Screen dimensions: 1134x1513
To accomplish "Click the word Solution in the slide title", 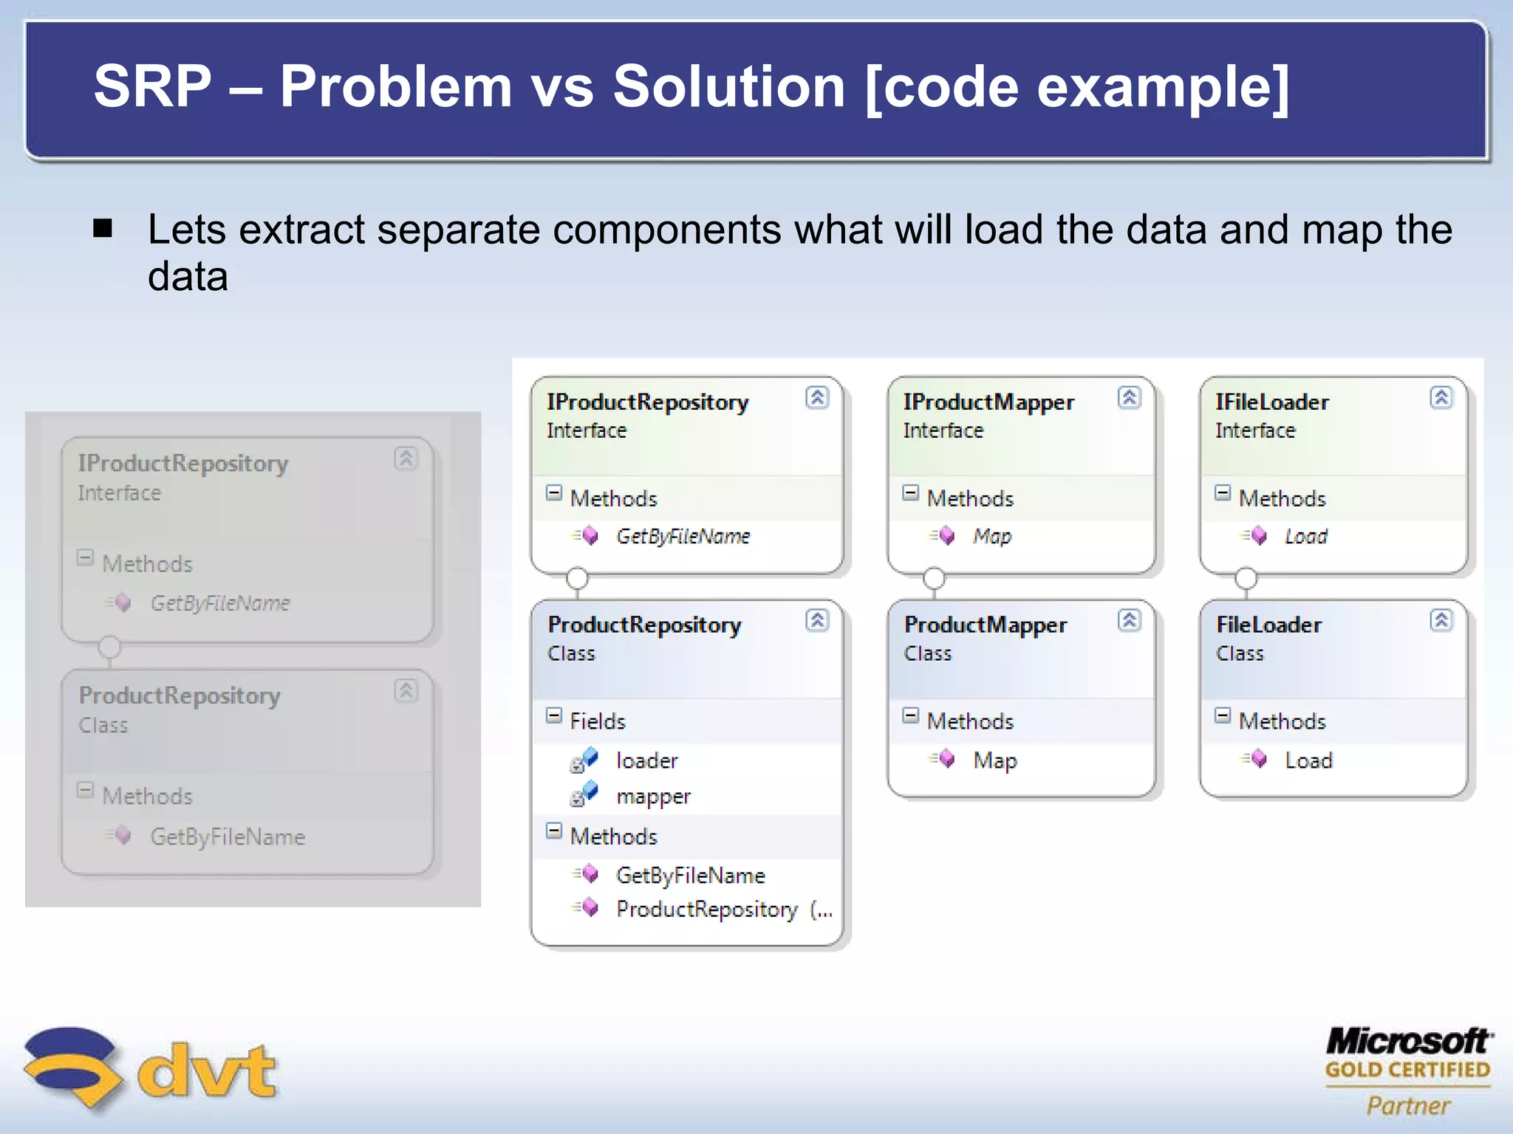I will pos(728,86).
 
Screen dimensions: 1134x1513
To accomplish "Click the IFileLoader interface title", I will pos(1271,402).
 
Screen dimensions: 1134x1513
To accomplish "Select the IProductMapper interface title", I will pos(988,402).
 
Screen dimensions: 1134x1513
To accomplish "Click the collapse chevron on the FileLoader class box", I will pos(1441,620).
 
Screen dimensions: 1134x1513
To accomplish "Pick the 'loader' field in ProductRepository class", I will pos(646,760).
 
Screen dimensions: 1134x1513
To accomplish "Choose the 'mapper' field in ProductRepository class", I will pos(653,797).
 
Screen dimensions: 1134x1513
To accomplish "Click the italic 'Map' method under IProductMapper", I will pos(991,536).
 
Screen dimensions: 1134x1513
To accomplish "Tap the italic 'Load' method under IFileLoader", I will pos(1305,536).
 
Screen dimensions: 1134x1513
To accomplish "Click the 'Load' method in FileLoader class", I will pos(1308,760).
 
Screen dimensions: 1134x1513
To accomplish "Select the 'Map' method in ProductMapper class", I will pos(994,760).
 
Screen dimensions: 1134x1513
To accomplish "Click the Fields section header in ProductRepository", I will pos(597,721).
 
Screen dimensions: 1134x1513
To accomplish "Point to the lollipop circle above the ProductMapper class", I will pos(934,578).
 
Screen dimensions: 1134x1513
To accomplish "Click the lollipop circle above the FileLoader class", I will pos(1246,578).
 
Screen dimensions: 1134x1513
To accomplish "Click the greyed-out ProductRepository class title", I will pos(180,695).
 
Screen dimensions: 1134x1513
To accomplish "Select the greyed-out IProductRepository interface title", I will pos(182,464).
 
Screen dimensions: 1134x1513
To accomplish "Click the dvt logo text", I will pos(207,1071).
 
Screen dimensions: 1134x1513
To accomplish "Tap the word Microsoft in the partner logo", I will pos(1408,1041).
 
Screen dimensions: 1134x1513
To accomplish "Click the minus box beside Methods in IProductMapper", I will pos(911,492).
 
